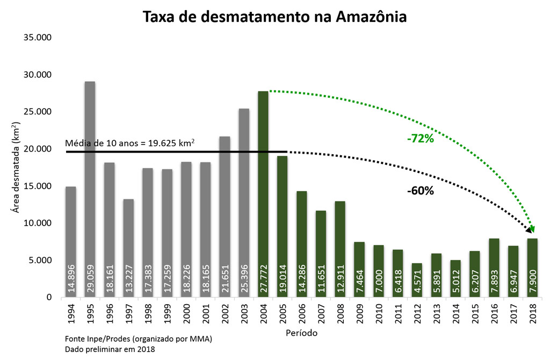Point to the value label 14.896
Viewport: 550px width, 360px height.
[71, 278]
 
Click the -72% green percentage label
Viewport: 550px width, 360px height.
[420, 139]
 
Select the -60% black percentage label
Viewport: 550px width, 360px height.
[420, 191]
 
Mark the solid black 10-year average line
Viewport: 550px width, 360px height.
[161, 152]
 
